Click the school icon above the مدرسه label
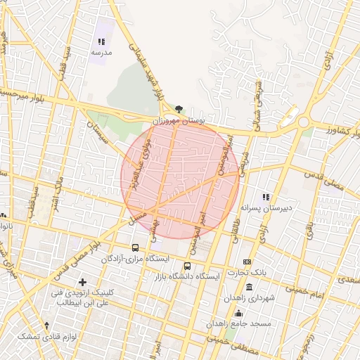coord(101,42)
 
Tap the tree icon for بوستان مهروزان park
coord(179,109)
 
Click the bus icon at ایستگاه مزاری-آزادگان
coord(135,247)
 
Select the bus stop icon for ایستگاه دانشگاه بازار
coord(187,266)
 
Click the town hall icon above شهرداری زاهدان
coord(249,286)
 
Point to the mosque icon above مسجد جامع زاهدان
coord(238,313)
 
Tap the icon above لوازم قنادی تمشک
coord(46,325)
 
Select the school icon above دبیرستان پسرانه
coord(266,198)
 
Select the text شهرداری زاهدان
coord(249,298)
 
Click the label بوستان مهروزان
coord(181,121)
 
